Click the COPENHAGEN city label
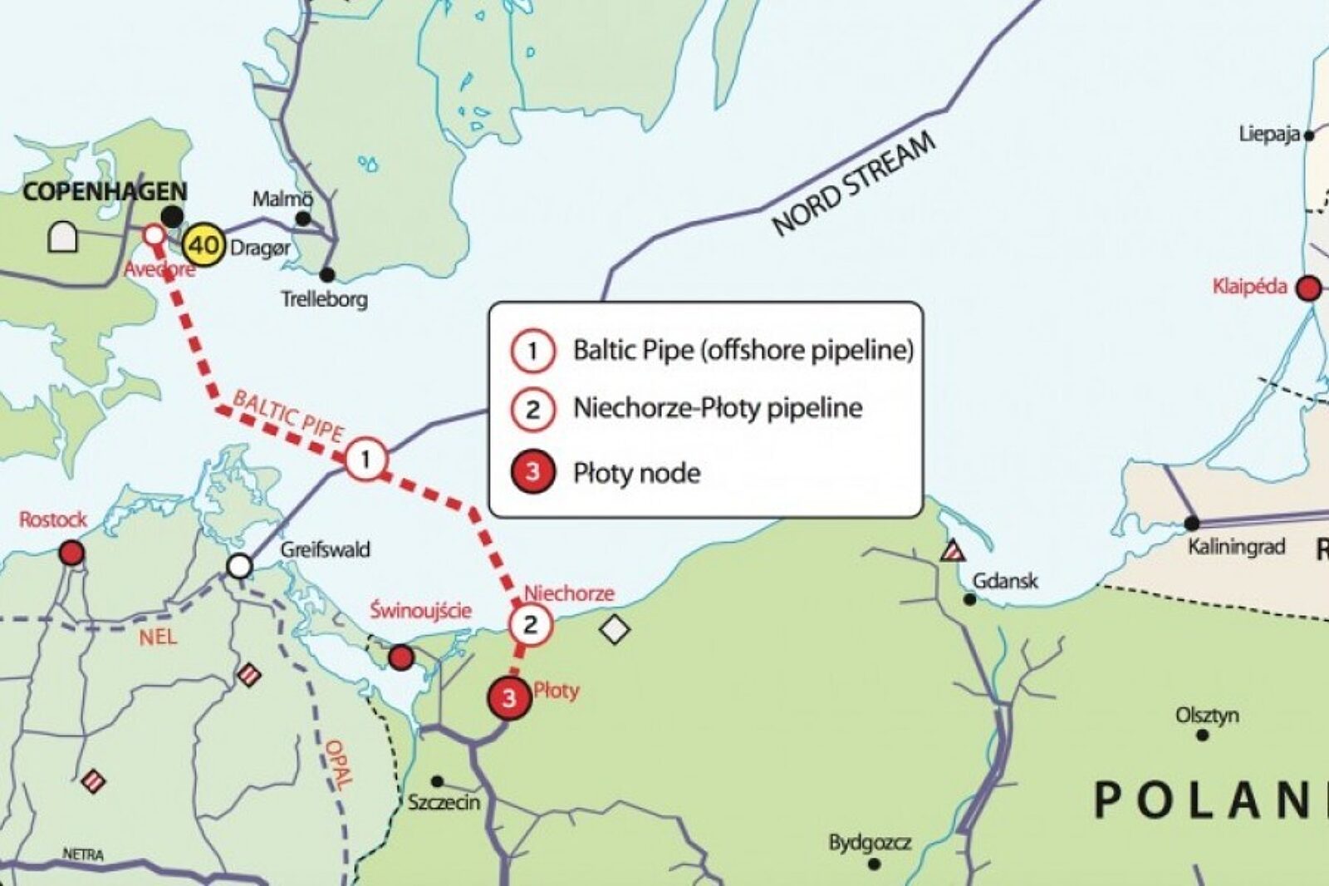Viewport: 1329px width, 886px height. (x=104, y=192)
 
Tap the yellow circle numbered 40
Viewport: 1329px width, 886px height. (x=204, y=245)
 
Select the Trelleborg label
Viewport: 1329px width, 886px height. (x=324, y=299)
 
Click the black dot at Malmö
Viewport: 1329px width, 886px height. (x=303, y=219)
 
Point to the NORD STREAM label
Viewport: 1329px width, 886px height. (x=854, y=184)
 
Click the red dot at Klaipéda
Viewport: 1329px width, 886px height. (x=1309, y=288)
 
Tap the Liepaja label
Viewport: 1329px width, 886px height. (x=1268, y=134)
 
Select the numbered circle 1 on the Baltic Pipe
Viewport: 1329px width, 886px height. (x=365, y=460)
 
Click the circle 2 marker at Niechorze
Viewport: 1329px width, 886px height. (x=531, y=624)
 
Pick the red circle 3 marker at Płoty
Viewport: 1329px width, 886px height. (x=509, y=698)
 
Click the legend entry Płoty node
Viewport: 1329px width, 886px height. (x=636, y=473)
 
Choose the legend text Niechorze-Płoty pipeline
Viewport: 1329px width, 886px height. (x=718, y=408)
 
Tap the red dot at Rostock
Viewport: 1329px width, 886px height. (x=72, y=552)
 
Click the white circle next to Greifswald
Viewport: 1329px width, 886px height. (x=239, y=567)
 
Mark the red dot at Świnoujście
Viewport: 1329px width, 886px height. (x=401, y=657)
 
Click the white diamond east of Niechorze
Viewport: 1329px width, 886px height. (x=614, y=630)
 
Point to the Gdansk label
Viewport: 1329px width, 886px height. (x=1005, y=580)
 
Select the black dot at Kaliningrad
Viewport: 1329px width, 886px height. (x=1192, y=524)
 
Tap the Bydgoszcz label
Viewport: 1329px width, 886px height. (x=869, y=843)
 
